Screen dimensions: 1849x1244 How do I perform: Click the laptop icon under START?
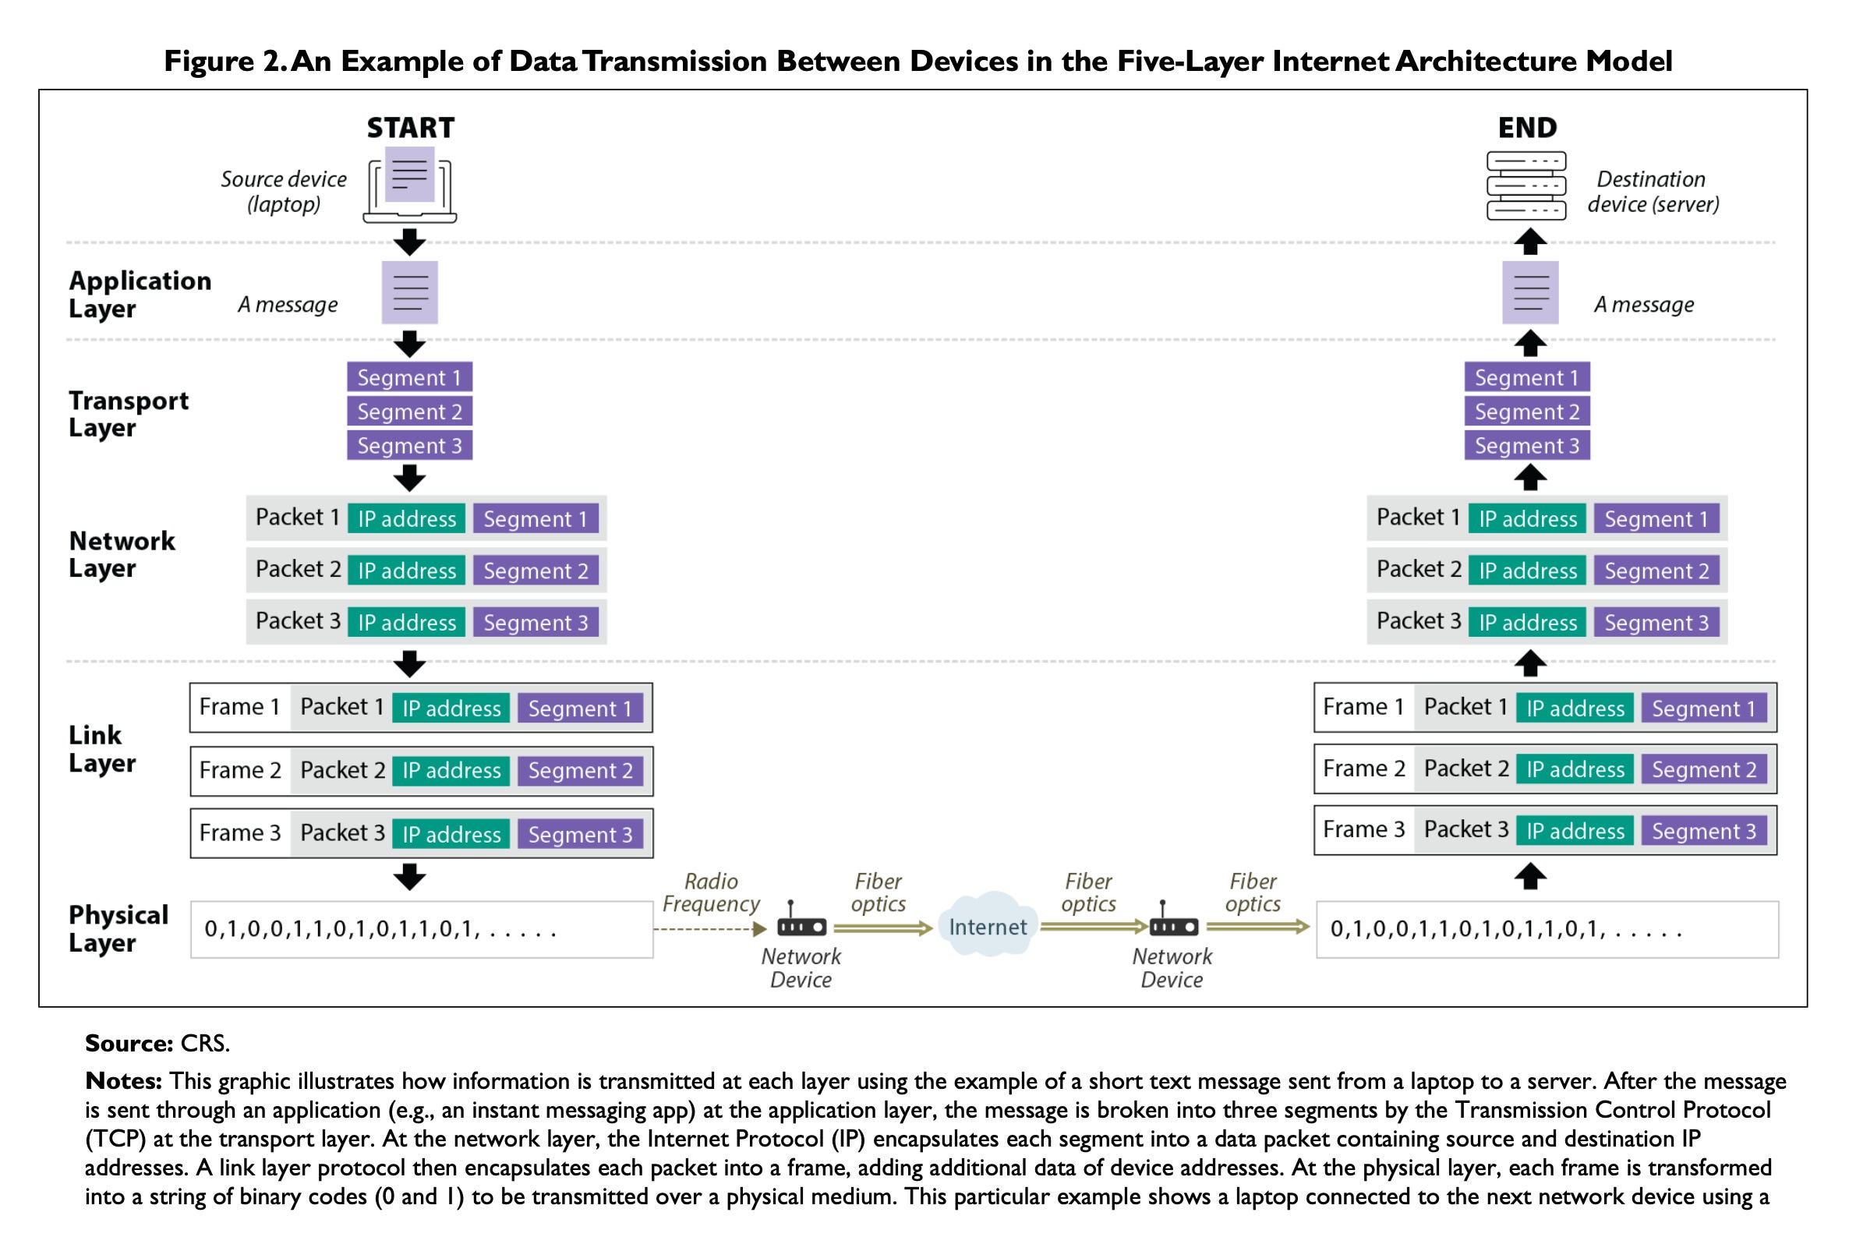coord(409,185)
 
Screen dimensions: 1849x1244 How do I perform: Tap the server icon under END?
coord(1526,186)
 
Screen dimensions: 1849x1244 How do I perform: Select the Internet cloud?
coord(987,925)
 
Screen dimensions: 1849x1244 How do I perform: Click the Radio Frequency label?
coord(711,892)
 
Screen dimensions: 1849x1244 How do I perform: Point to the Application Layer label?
coord(140,295)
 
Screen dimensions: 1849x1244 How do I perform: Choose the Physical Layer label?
coord(118,928)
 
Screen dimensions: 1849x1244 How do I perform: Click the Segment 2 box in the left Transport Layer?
coord(409,412)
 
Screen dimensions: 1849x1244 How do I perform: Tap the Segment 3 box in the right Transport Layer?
coord(1526,446)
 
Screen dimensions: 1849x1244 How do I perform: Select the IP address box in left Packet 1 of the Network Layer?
coord(407,519)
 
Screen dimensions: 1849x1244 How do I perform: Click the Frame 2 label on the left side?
coord(240,770)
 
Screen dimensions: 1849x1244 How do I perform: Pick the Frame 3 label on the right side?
coord(1363,830)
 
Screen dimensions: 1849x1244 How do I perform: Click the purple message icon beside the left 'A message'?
coord(409,293)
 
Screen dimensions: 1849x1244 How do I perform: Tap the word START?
coord(410,128)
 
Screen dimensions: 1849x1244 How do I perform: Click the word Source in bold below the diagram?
coord(129,1042)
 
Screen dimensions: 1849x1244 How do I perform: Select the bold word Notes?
coord(124,1080)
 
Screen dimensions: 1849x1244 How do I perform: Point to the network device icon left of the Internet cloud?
coord(801,921)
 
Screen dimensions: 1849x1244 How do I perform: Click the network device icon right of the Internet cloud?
coord(1173,921)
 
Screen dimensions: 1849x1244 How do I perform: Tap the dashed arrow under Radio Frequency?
coord(711,928)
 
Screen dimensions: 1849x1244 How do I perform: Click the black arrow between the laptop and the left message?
coord(409,242)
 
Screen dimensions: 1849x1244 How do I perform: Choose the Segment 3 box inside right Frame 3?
coord(1703,832)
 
